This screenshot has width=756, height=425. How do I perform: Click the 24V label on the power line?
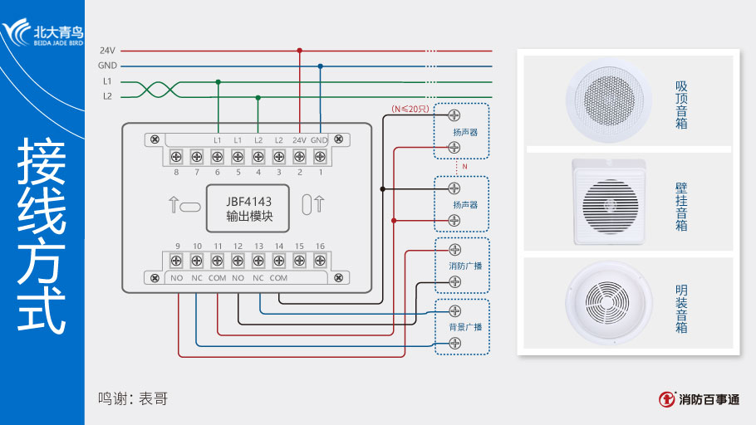click(x=107, y=50)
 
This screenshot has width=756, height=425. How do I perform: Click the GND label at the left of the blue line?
click(x=107, y=66)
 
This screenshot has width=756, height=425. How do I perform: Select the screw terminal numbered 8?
click(x=176, y=156)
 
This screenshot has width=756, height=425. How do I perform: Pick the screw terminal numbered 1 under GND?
click(x=320, y=156)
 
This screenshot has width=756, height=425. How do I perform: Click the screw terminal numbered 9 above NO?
click(x=177, y=261)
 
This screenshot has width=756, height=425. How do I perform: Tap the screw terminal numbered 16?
click(x=320, y=261)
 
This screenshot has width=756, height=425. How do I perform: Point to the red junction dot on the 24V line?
click(x=299, y=50)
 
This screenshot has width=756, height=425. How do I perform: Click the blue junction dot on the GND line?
click(x=320, y=66)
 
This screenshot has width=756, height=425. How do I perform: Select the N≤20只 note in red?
click(x=409, y=110)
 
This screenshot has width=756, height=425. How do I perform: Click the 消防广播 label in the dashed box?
click(x=459, y=266)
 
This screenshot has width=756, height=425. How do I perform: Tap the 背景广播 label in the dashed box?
click(x=459, y=327)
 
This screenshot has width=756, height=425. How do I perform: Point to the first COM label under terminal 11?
click(x=217, y=278)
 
